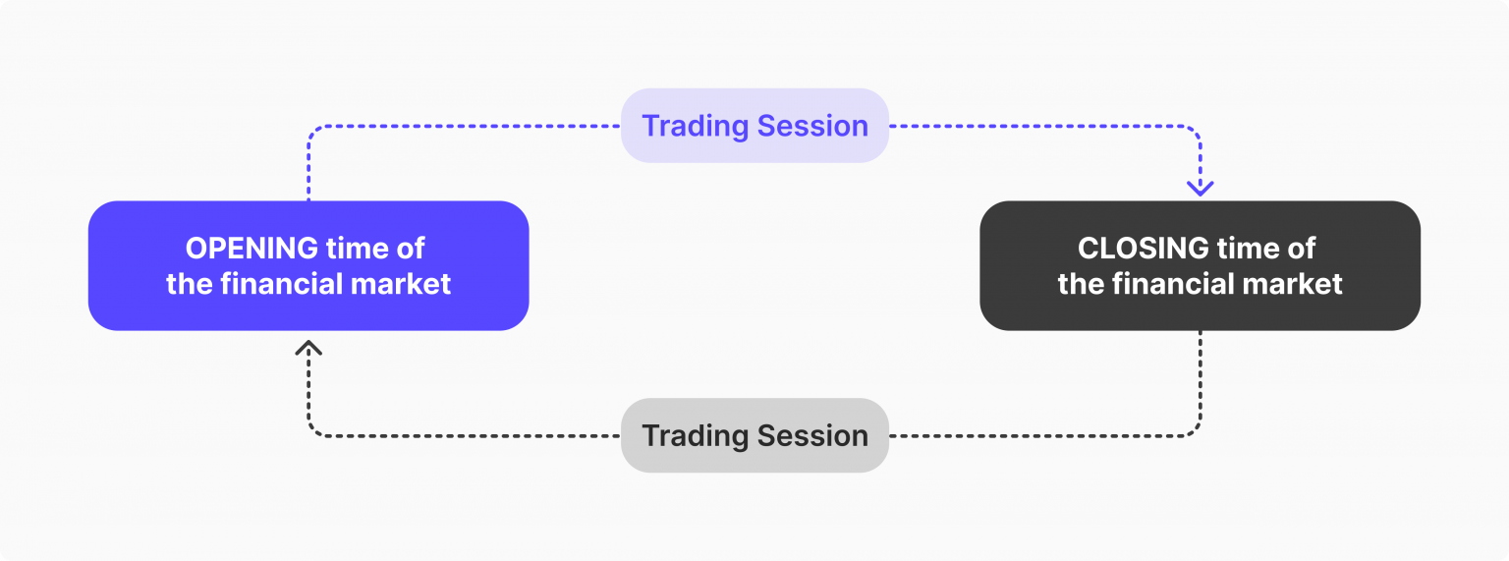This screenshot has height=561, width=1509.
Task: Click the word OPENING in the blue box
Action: (x=251, y=248)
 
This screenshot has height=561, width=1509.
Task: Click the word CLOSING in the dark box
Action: (x=1143, y=248)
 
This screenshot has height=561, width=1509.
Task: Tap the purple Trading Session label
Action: (x=754, y=126)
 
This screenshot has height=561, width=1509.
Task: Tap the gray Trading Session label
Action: (x=754, y=435)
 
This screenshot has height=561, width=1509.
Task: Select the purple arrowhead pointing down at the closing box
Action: (x=1201, y=187)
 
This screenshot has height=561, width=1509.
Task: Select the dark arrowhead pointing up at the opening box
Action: (x=308, y=347)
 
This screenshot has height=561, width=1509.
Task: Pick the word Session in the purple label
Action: (x=815, y=126)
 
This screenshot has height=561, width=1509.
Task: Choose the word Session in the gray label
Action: (x=815, y=435)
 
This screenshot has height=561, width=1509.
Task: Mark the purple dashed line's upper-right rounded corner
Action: (x=1196, y=131)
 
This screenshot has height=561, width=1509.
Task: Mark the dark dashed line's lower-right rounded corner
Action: (x=1196, y=430)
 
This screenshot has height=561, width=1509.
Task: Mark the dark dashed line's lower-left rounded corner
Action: (x=313, y=430)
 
